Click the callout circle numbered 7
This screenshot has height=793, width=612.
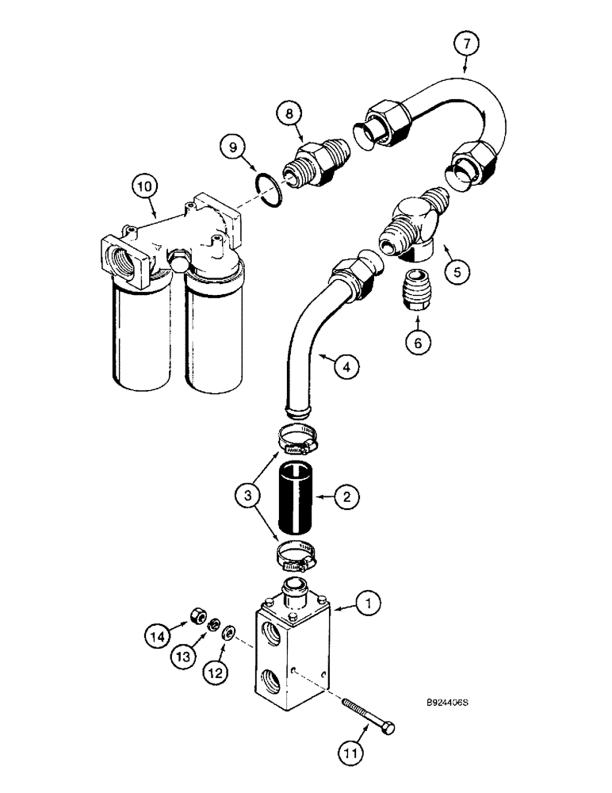465,44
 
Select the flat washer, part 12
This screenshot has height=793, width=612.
229,632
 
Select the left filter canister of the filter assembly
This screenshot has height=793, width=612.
140,333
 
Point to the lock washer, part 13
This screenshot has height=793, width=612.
212,626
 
